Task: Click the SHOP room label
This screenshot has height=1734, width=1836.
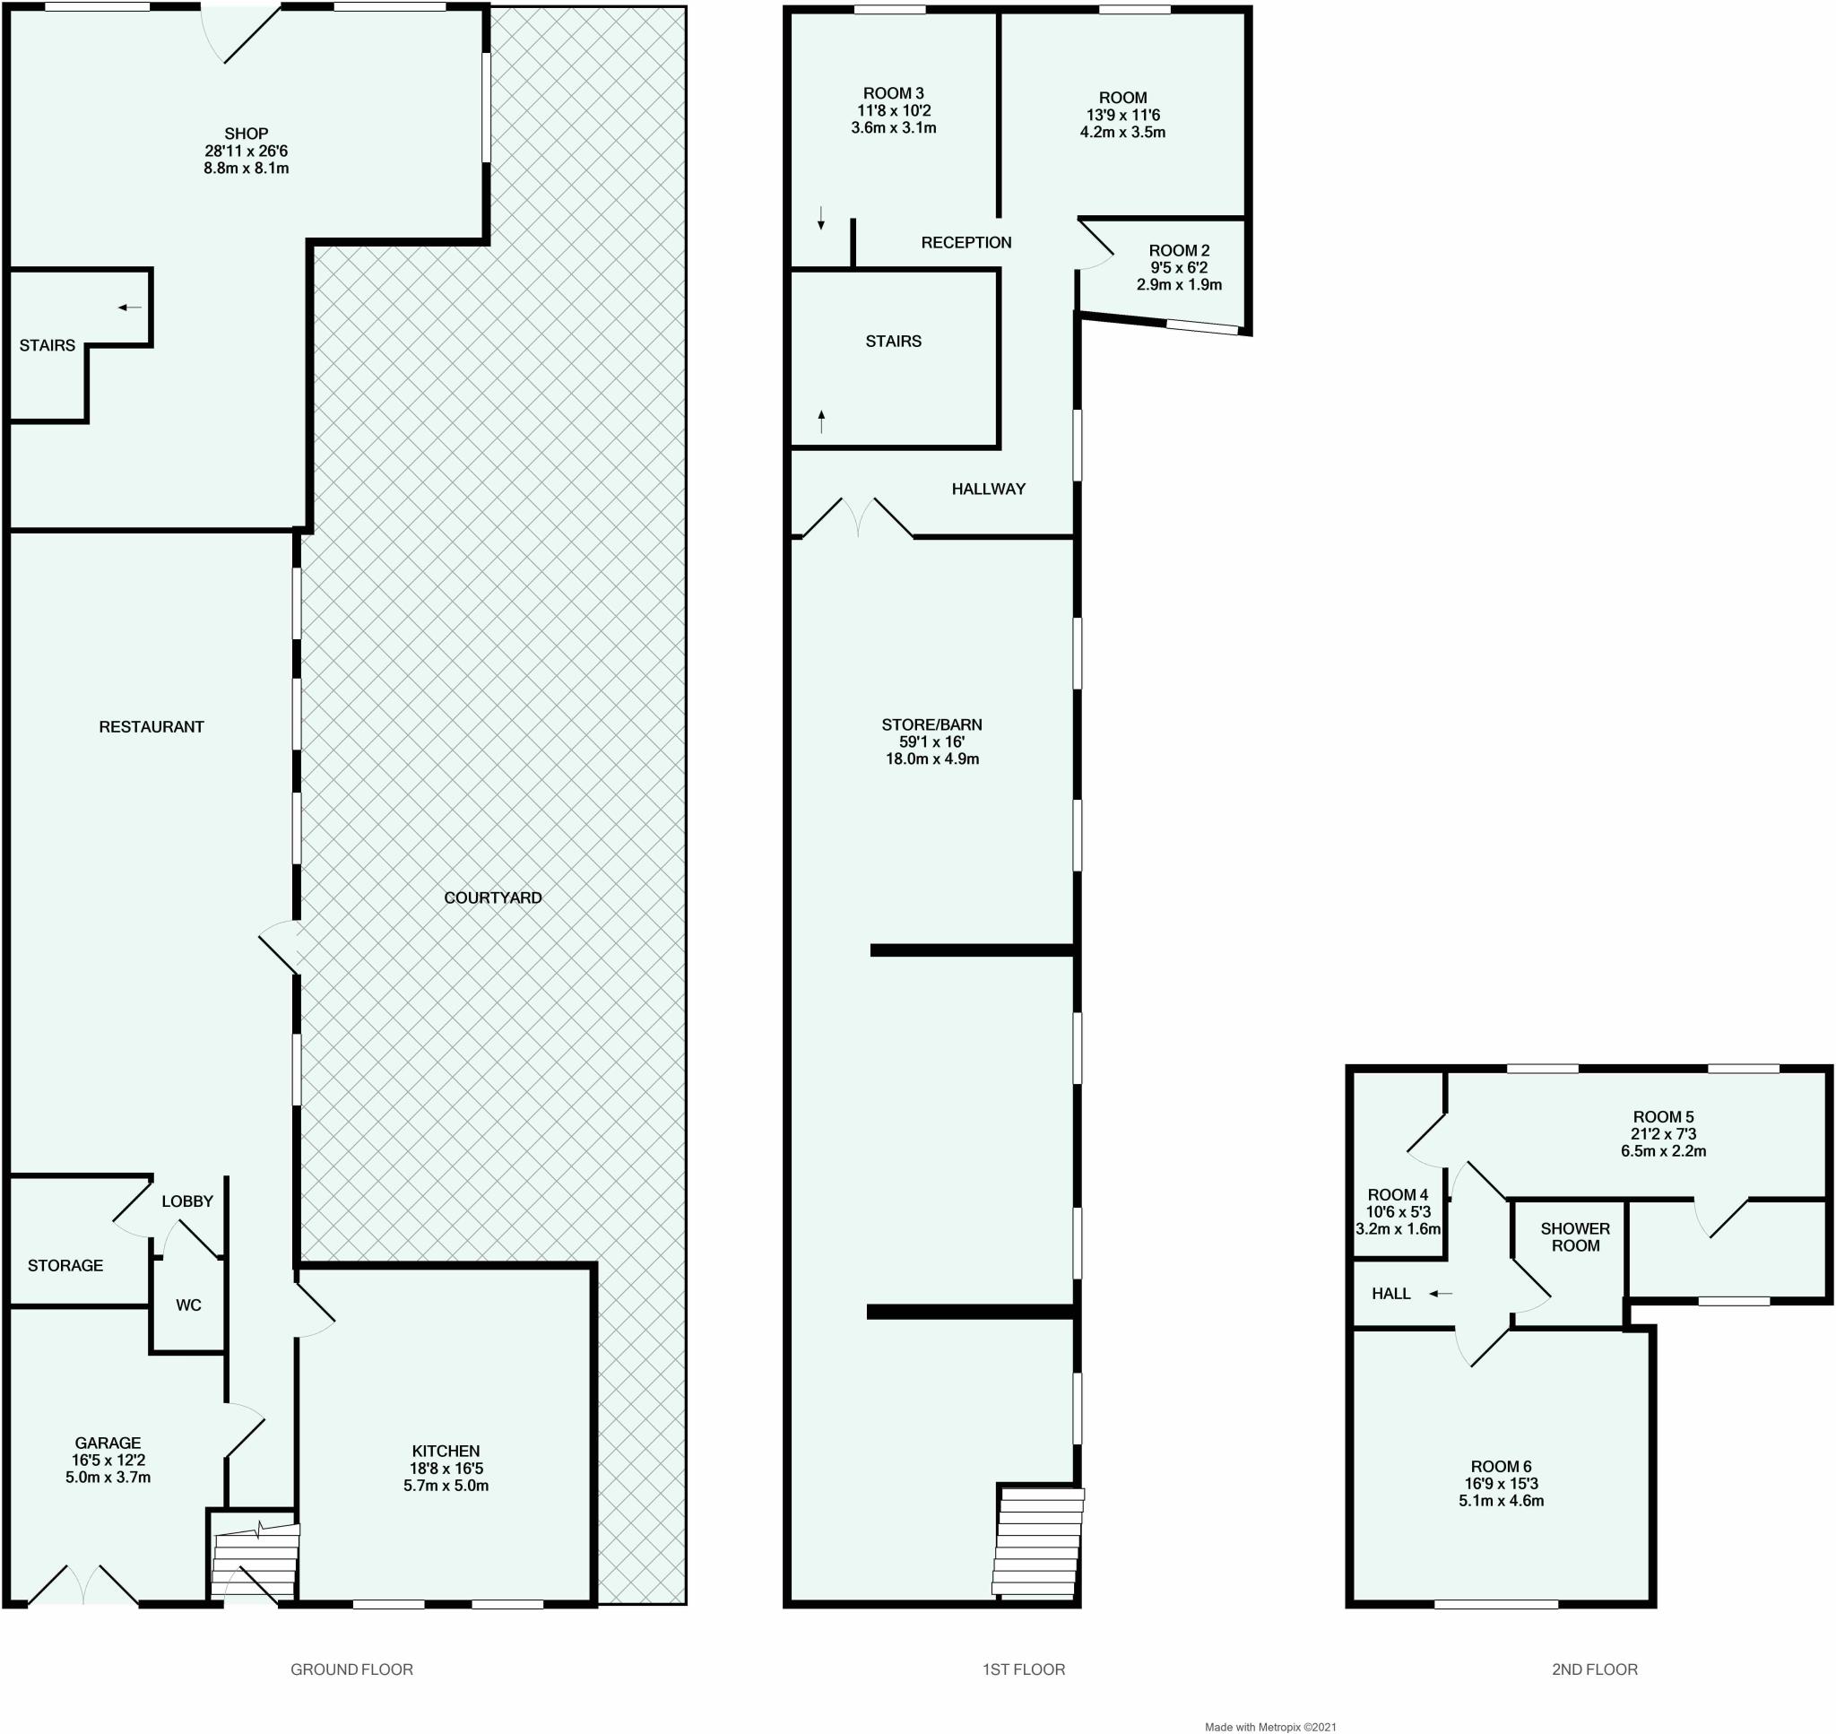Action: click(x=246, y=134)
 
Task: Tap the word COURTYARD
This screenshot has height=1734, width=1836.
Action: click(x=492, y=897)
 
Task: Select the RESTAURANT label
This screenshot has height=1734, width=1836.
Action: click(x=152, y=726)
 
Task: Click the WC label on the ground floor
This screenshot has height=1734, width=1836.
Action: click(x=188, y=1305)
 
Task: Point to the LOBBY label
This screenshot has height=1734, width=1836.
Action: click(x=187, y=1201)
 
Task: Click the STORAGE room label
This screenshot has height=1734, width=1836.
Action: click(x=65, y=1265)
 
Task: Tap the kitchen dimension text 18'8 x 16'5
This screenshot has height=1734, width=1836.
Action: click(x=446, y=1468)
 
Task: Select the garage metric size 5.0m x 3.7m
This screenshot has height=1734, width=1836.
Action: click(x=108, y=1477)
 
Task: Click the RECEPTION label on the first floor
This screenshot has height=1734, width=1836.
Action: click(x=966, y=242)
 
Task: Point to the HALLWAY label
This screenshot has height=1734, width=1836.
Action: click(x=989, y=489)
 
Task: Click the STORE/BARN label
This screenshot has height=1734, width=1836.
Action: click(x=931, y=724)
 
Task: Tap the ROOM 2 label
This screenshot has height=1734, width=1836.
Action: click(x=1179, y=250)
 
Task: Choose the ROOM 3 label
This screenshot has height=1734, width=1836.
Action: click(x=894, y=93)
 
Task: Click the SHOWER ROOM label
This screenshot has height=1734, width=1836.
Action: click(x=1575, y=1236)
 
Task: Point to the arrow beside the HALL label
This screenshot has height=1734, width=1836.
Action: click(x=1441, y=1294)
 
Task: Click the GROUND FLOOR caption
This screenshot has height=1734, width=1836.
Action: click(x=352, y=1669)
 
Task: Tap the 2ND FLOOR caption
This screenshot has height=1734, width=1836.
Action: click(x=1595, y=1669)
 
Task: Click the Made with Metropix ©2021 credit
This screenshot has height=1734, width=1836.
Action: click(x=1270, y=1727)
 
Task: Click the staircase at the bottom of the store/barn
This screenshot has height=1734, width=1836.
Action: click(x=1036, y=1542)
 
